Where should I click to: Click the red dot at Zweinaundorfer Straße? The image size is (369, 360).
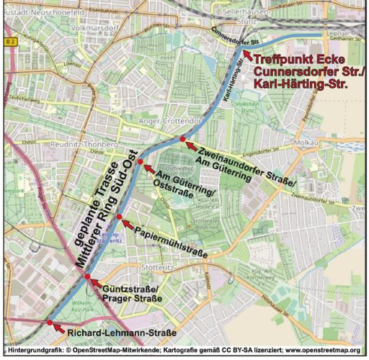(183, 138)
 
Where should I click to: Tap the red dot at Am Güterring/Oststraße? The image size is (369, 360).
(141, 166)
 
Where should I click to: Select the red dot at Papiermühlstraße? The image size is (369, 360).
(120, 217)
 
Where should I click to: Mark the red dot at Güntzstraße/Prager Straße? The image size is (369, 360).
(87, 276)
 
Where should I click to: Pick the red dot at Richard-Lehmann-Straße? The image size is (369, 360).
(50, 323)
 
